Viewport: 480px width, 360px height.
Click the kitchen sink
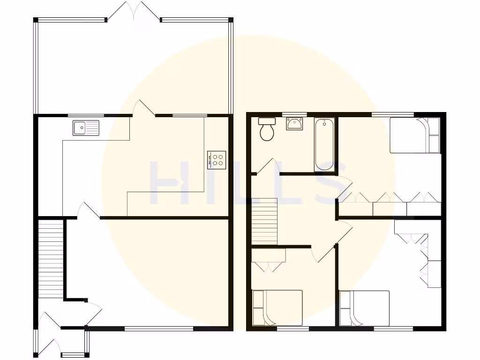pos(86,127)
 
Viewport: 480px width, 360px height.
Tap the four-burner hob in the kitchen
pos(217,160)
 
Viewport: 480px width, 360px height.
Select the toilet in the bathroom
pos(268,129)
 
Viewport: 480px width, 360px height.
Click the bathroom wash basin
pos(294,124)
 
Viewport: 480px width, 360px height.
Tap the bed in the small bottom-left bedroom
pos(277,307)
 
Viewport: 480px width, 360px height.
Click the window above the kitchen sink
pos(86,115)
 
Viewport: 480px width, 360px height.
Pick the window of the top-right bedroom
pos(392,113)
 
